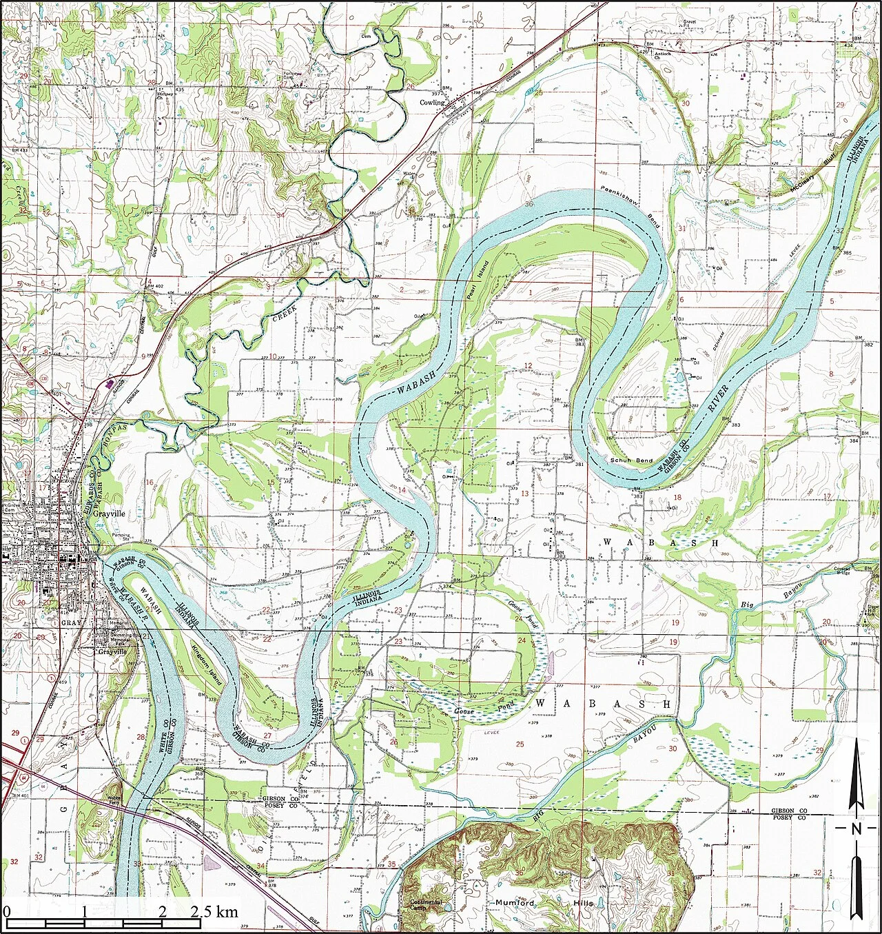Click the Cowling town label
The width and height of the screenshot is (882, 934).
point(433,103)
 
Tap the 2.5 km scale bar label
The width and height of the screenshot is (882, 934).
point(214,912)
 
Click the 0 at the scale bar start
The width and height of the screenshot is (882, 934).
point(7,912)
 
